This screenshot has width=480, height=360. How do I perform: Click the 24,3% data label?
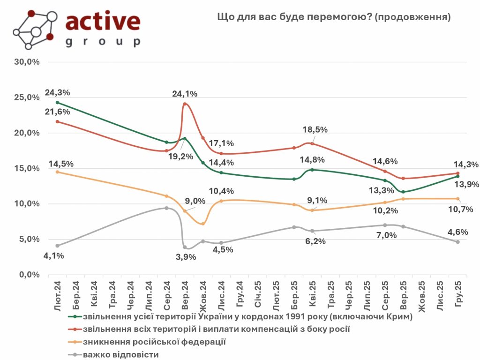click(x=57, y=93)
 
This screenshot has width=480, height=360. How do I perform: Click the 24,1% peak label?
click(x=185, y=94)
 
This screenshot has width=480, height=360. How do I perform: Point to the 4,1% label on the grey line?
click(x=54, y=256)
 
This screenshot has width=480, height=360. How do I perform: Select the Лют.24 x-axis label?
click(x=58, y=294)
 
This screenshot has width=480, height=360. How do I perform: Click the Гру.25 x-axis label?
click(x=459, y=294)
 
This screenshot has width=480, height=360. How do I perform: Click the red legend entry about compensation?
click(x=216, y=330)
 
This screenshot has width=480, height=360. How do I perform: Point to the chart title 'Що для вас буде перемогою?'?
click(x=334, y=17)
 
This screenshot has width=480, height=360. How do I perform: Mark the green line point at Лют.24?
click(x=57, y=102)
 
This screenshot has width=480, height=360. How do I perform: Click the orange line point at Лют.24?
click(x=57, y=172)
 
